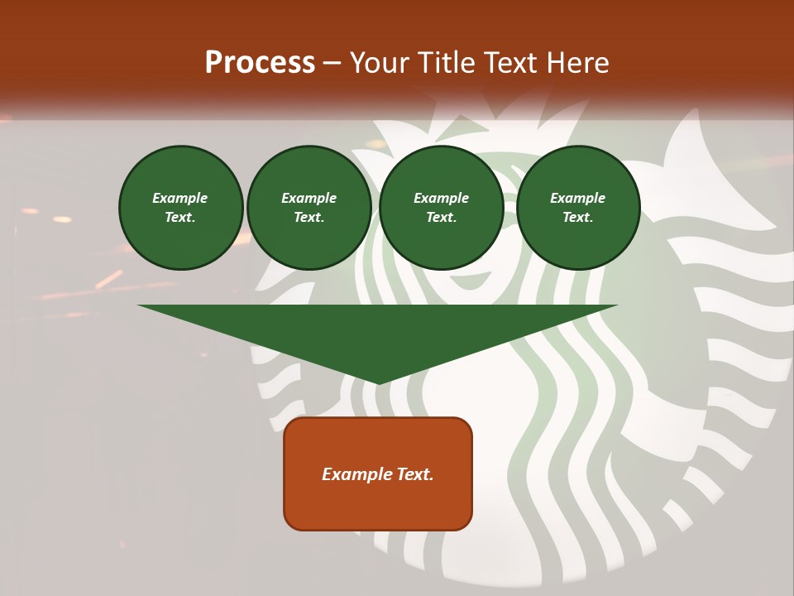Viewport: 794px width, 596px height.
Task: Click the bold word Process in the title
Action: [260, 63]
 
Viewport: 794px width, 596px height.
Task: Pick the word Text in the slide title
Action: [510, 63]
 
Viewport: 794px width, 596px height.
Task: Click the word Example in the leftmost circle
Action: [180, 198]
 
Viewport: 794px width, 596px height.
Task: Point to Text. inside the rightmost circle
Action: [577, 218]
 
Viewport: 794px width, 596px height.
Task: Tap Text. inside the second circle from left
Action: [309, 218]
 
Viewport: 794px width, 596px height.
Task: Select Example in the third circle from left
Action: [441, 198]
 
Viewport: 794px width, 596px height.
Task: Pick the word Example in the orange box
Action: [356, 474]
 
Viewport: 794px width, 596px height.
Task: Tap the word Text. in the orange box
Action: [414, 474]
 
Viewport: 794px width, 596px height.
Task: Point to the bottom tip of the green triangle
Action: [378, 382]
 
